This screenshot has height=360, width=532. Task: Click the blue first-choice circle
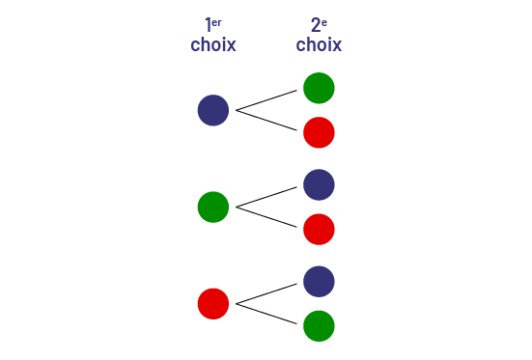(x=212, y=110)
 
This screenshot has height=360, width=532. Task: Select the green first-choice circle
(x=212, y=207)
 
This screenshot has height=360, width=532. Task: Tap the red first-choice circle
(x=212, y=303)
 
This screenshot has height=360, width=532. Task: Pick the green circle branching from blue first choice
(x=319, y=88)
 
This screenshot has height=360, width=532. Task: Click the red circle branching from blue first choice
(x=319, y=132)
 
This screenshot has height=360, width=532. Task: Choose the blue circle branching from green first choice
(x=319, y=184)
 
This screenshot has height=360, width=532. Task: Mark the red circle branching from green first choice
(x=319, y=229)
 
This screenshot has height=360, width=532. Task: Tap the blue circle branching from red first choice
(x=319, y=281)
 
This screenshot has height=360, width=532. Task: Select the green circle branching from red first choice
(x=319, y=325)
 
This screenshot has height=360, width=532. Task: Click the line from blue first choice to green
(x=266, y=101)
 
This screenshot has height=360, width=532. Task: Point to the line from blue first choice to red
(x=266, y=121)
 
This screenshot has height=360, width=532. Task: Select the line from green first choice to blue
(x=266, y=197)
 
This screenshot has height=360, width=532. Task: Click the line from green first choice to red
(x=266, y=217)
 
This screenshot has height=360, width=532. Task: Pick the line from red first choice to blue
(x=266, y=293)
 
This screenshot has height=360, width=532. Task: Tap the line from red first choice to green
(x=266, y=314)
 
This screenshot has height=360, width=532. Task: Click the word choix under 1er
(x=213, y=44)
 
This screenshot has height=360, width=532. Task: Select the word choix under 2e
(x=319, y=44)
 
